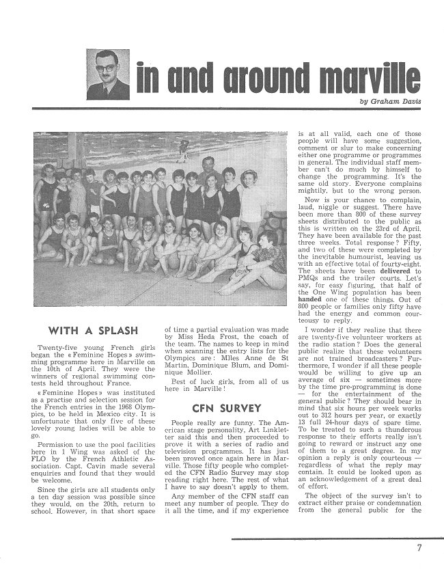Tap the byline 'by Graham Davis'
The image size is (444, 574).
pos(391,102)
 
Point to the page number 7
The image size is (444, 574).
pos(419,547)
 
